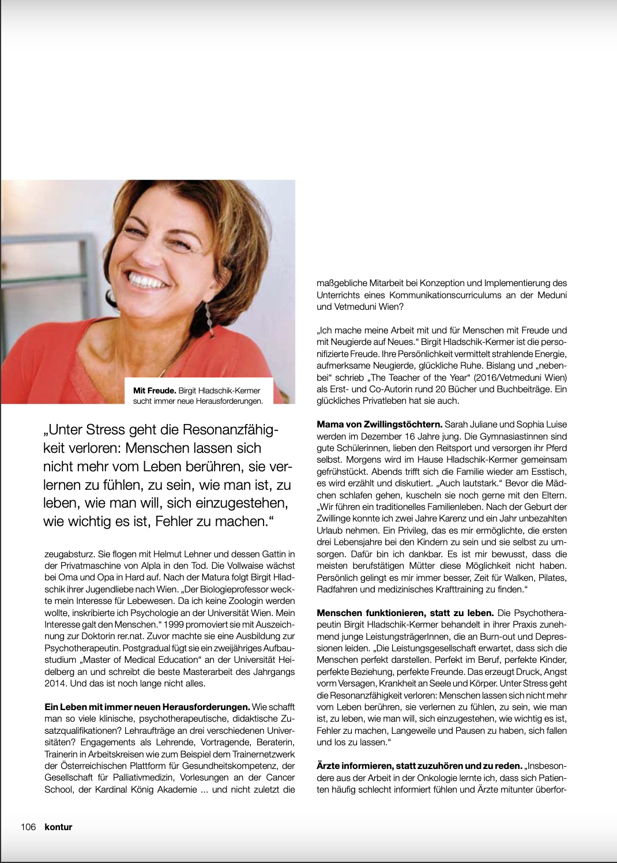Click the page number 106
(x=28, y=827)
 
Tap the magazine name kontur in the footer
(x=58, y=827)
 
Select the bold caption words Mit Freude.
(x=155, y=391)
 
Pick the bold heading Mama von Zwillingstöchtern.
(x=379, y=425)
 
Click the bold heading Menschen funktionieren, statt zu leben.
(x=405, y=613)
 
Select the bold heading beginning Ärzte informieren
(x=419, y=766)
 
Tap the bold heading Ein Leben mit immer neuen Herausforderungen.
(x=147, y=707)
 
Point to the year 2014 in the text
(x=55, y=683)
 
